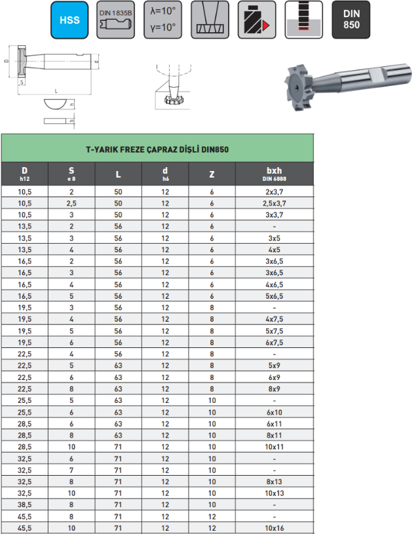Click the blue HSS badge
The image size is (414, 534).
69,20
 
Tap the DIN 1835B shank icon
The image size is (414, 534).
116,20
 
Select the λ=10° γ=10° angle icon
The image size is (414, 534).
162,20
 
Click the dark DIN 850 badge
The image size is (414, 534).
351,20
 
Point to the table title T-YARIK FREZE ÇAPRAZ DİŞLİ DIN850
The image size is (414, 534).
157,149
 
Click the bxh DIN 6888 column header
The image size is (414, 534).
274,174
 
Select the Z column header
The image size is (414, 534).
212,174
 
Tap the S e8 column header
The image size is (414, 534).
71,174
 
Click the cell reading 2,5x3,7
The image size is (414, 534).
274,203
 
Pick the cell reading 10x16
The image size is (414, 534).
274,528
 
